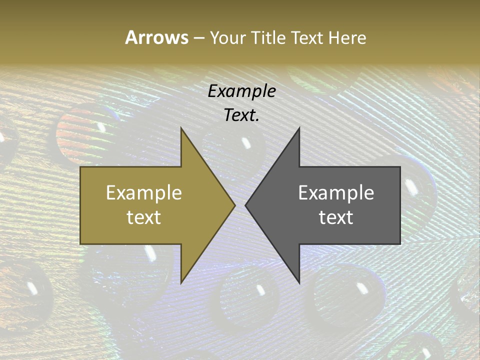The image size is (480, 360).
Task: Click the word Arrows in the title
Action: [x=156, y=37]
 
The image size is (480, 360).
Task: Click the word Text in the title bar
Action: [x=307, y=38]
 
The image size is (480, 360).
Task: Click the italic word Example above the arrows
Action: [x=241, y=91]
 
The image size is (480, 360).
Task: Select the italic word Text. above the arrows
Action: [x=241, y=115]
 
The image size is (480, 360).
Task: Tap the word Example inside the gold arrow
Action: [x=144, y=193]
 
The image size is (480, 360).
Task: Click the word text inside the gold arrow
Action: [x=144, y=217]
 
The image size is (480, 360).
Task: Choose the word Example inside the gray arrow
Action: [x=336, y=193]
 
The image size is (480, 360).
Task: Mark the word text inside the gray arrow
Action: [x=336, y=217]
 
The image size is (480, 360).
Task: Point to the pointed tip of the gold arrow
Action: [x=234, y=205]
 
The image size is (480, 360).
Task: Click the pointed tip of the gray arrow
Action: [x=246, y=205]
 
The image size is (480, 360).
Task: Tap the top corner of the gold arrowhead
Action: [x=181, y=128]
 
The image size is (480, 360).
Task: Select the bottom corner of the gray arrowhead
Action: [x=299, y=282]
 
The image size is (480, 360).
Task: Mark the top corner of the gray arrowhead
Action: [x=299, y=128]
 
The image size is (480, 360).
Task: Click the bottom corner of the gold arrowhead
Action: [x=181, y=282]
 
